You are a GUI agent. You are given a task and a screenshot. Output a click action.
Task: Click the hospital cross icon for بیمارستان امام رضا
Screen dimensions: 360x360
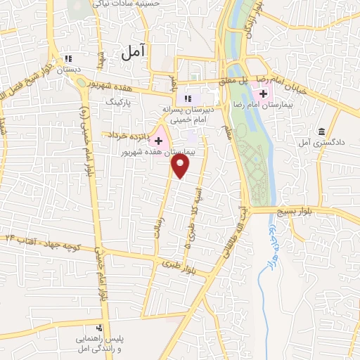(x=264, y=94)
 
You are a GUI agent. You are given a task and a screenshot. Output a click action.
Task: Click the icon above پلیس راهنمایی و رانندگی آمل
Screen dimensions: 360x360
(x=100, y=328)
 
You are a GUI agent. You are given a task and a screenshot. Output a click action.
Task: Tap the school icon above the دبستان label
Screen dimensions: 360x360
(x=68, y=59)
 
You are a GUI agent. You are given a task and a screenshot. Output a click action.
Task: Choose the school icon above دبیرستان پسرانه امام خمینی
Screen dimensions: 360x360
(x=186, y=98)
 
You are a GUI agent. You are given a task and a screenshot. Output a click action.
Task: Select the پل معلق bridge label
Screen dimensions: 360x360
(x=232, y=82)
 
